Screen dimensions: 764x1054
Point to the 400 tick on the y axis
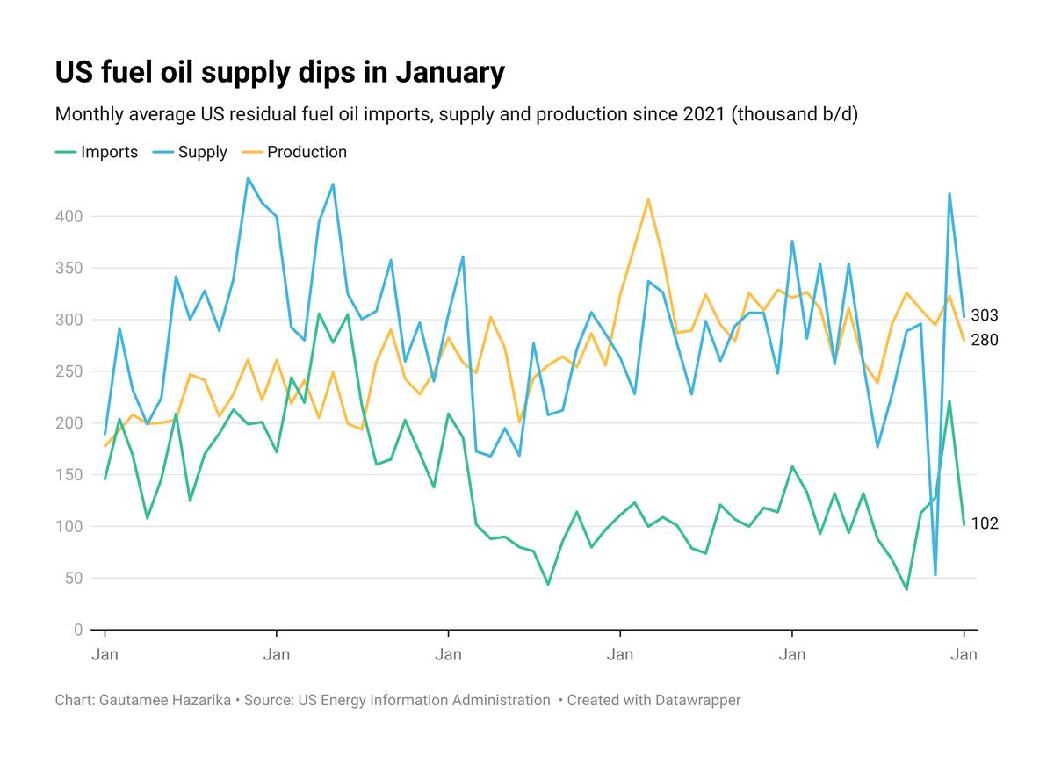[x=70, y=216]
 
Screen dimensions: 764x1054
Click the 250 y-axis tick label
[x=70, y=371]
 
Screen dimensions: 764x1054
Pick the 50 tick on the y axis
[x=75, y=579]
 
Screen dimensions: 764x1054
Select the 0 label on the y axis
[x=78, y=631]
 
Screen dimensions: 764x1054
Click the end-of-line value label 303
[x=985, y=315]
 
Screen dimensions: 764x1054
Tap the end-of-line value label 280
[x=985, y=340]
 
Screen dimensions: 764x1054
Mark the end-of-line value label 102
[x=985, y=523]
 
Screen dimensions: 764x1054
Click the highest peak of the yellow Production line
[x=648, y=199]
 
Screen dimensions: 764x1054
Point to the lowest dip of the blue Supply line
[x=935, y=575]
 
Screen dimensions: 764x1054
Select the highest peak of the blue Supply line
[x=248, y=178]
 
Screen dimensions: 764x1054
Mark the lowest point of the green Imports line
[x=906, y=589]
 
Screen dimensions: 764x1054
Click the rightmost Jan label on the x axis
[x=964, y=654]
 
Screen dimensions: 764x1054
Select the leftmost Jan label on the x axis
[x=105, y=654]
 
